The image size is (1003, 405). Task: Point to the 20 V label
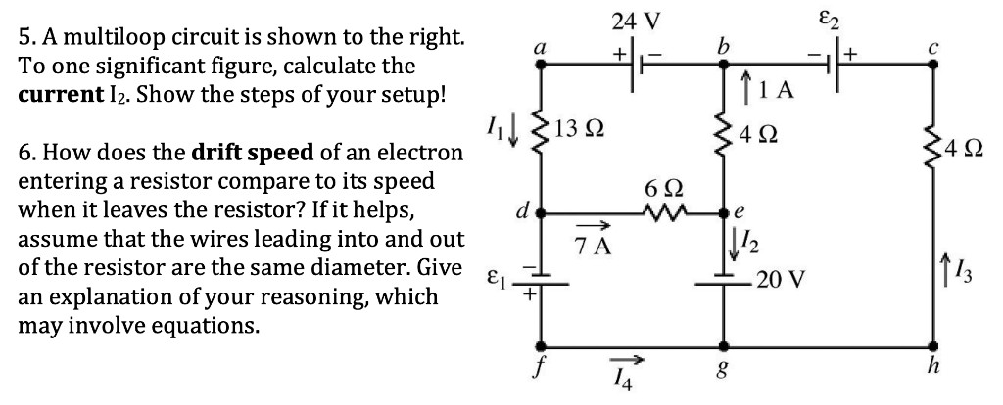click(781, 281)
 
